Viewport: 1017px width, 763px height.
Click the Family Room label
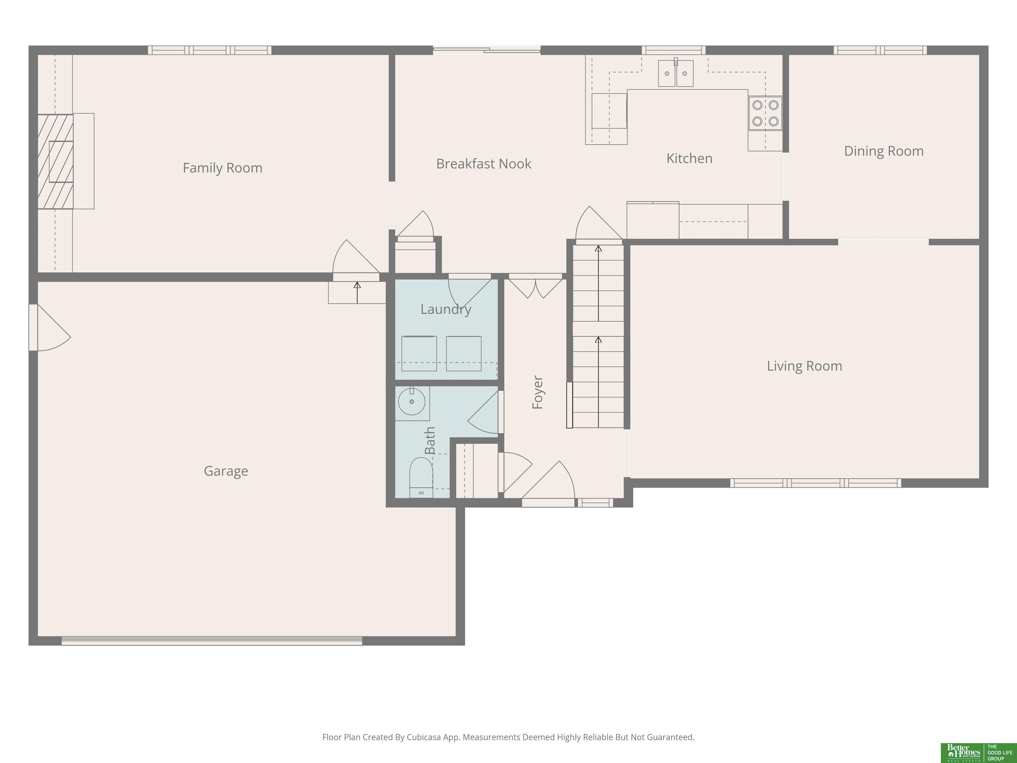[x=222, y=168]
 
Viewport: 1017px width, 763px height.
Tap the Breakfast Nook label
[x=484, y=164]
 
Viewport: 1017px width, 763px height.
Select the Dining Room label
[x=884, y=151]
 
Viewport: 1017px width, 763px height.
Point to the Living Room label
[x=804, y=366]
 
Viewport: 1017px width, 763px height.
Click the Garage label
[x=226, y=471]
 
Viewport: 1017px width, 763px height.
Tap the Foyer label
[x=537, y=392]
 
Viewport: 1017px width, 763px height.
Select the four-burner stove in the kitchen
[x=765, y=113]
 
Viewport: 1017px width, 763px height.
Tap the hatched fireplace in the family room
[x=56, y=161]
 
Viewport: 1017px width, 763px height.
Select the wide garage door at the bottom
[x=212, y=641]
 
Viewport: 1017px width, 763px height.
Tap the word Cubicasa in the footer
[x=423, y=737]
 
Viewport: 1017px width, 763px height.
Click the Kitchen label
[x=689, y=159]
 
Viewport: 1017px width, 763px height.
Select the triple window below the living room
[x=816, y=483]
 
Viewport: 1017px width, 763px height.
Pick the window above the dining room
[x=880, y=50]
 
